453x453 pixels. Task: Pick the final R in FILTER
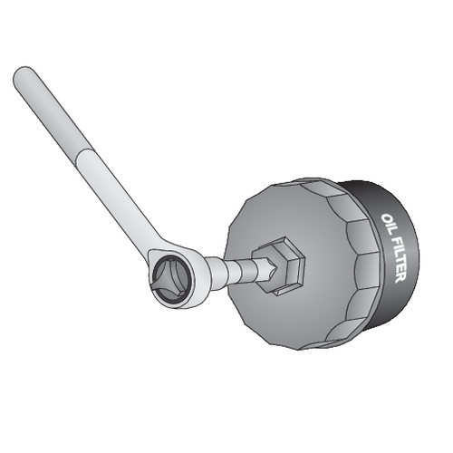[x=401, y=276]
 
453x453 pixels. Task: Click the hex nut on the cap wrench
[x=283, y=265]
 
